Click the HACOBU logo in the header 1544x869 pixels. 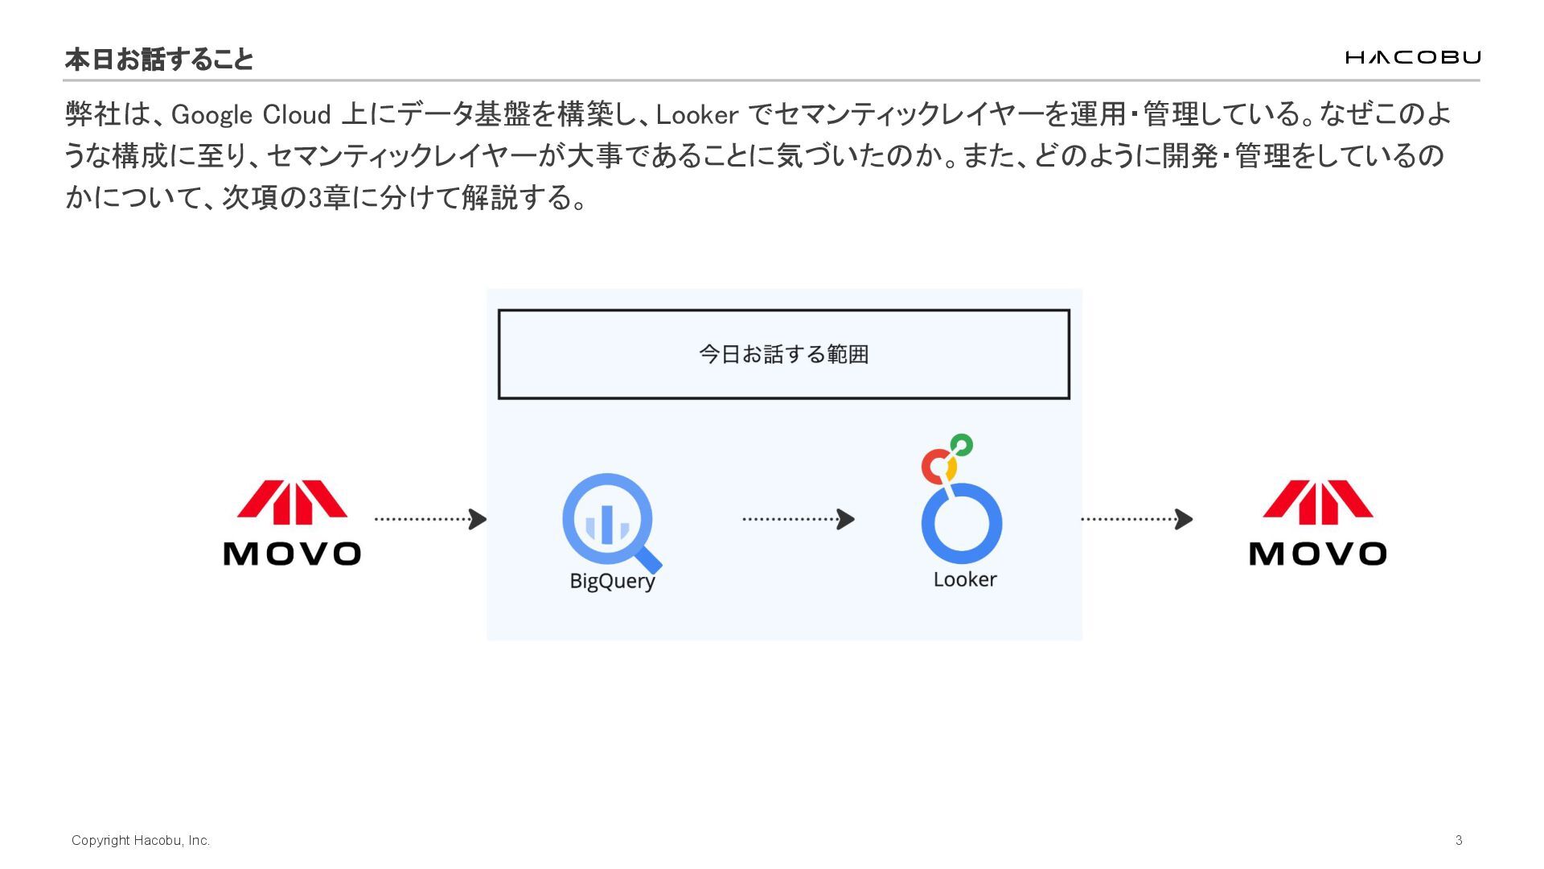1412,57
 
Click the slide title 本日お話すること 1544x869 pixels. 158,59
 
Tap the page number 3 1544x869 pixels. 1459,840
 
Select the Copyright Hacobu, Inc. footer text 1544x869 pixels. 141,840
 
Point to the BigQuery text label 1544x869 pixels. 612,580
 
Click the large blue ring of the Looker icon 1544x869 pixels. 962,523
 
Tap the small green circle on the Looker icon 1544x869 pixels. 962,444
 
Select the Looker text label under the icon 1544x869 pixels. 964,579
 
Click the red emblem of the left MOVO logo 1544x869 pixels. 292,502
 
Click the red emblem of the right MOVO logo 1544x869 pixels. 1317,502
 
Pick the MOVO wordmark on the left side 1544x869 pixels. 292,554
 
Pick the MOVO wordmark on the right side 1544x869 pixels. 1317,554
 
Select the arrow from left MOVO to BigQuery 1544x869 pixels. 430,519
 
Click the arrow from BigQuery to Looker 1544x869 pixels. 798,519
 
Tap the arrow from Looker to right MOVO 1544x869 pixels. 1135,519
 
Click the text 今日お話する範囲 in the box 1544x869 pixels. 783,354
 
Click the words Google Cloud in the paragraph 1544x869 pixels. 250,114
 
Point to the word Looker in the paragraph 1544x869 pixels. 696,114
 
